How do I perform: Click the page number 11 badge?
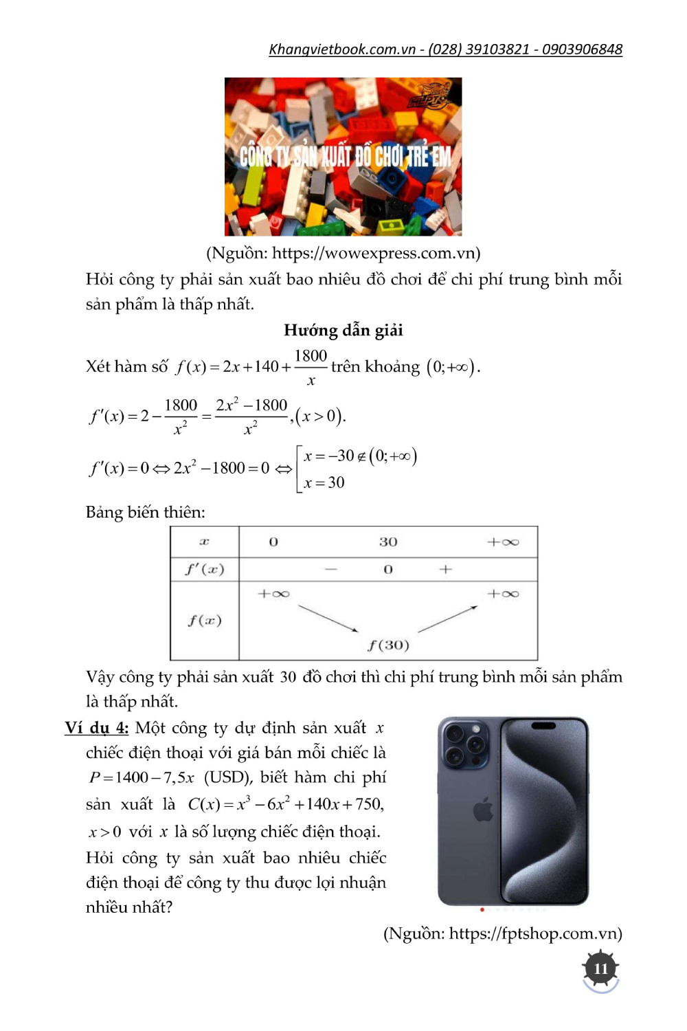point(600,968)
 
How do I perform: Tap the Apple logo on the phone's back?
point(483,810)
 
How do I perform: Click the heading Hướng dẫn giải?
point(343,331)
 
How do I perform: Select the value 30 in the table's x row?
point(388,542)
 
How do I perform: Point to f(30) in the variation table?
point(388,645)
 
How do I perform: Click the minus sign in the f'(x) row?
point(331,570)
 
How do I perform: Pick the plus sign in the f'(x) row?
point(446,570)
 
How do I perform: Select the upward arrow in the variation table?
point(447,618)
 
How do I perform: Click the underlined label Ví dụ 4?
point(97,728)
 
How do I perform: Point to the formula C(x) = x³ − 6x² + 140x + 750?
point(286,803)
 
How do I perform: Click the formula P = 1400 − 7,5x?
point(142,777)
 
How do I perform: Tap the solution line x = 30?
point(324,483)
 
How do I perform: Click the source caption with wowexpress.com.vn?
point(343,254)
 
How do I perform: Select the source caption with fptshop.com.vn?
point(502,933)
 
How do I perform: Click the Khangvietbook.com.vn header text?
point(445,49)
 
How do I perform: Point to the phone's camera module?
point(464,744)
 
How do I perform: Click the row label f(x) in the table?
point(204,621)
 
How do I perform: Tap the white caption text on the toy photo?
point(346,157)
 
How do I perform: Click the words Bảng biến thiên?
point(145,513)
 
